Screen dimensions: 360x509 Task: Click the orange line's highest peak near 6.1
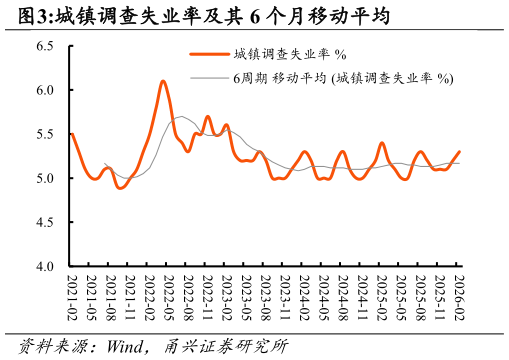[163, 81]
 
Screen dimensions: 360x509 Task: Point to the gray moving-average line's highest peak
[181, 117]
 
